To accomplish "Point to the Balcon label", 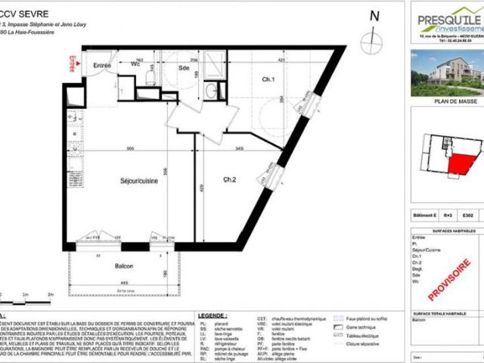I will point(125,266).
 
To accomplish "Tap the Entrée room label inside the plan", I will point(102,66).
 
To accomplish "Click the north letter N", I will point(373,16).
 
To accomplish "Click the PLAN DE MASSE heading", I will point(447,99).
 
